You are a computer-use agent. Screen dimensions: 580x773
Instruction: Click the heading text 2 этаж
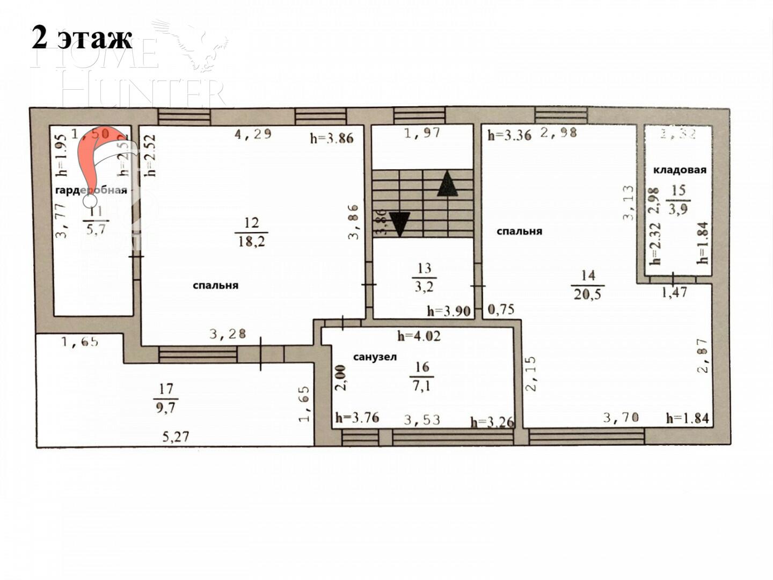tap(82, 38)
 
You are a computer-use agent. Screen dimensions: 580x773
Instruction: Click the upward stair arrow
tap(447, 184)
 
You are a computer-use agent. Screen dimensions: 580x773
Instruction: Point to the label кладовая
tap(680, 170)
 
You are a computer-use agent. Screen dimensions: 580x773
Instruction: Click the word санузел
tap(375, 357)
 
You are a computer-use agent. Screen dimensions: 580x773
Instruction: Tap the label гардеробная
tap(91, 191)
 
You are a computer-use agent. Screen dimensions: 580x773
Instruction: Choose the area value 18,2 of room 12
tap(252, 241)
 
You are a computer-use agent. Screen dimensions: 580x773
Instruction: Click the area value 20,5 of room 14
tap(587, 294)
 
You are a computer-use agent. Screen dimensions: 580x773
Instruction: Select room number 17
tap(166, 388)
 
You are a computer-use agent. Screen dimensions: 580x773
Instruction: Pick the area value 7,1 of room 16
tap(421, 386)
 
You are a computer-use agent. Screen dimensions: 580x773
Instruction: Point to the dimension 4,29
tap(253, 134)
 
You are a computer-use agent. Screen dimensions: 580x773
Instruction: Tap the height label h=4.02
tap(419, 337)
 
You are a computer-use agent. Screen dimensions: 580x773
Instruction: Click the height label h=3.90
tap(449, 311)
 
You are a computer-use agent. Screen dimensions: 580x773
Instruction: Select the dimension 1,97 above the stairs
tap(422, 133)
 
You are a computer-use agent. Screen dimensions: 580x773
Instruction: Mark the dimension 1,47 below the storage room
tap(674, 293)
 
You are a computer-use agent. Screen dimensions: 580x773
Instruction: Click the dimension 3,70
tap(621, 417)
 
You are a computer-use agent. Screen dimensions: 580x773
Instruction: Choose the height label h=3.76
tap(357, 418)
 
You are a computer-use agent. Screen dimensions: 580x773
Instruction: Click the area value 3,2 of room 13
tap(424, 287)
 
